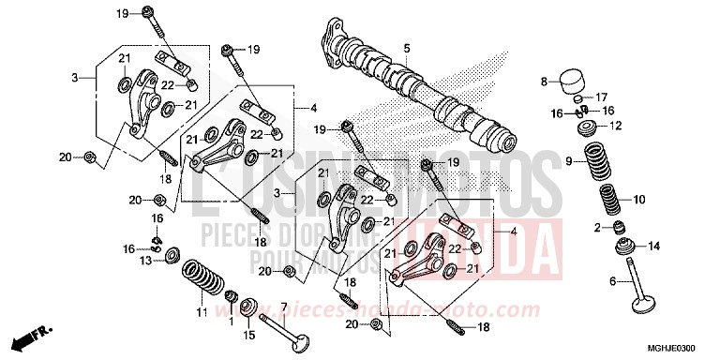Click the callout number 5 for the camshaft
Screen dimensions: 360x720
[x=408, y=48]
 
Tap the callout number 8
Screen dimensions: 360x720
[x=543, y=82]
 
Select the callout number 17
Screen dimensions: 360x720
[x=602, y=97]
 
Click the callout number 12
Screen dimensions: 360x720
[x=615, y=126]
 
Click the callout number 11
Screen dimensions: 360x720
[x=200, y=311]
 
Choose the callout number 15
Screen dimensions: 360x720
[x=249, y=335]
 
